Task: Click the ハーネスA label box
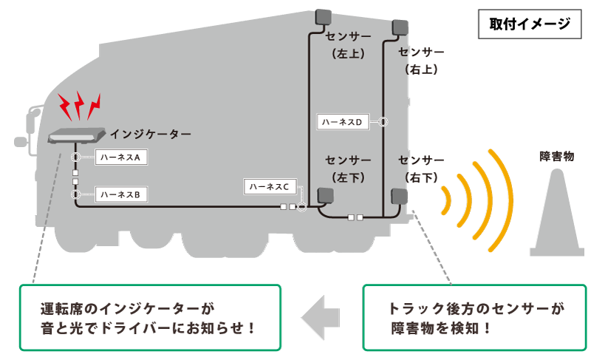pyautogui.click(x=123, y=157)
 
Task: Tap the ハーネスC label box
pyautogui.click(x=270, y=187)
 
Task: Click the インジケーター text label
pyautogui.click(x=150, y=134)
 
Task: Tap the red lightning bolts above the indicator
pyautogui.click(x=80, y=107)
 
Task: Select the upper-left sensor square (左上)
pyautogui.click(x=324, y=18)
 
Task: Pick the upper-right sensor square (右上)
pyautogui.click(x=400, y=27)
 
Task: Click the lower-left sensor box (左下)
pyautogui.click(x=325, y=196)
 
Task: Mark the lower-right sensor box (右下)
pyautogui.click(x=399, y=196)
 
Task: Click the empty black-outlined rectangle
pyautogui.click(x=530, y=24)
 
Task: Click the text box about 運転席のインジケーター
pyautogui.click(x=149, y=318)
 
